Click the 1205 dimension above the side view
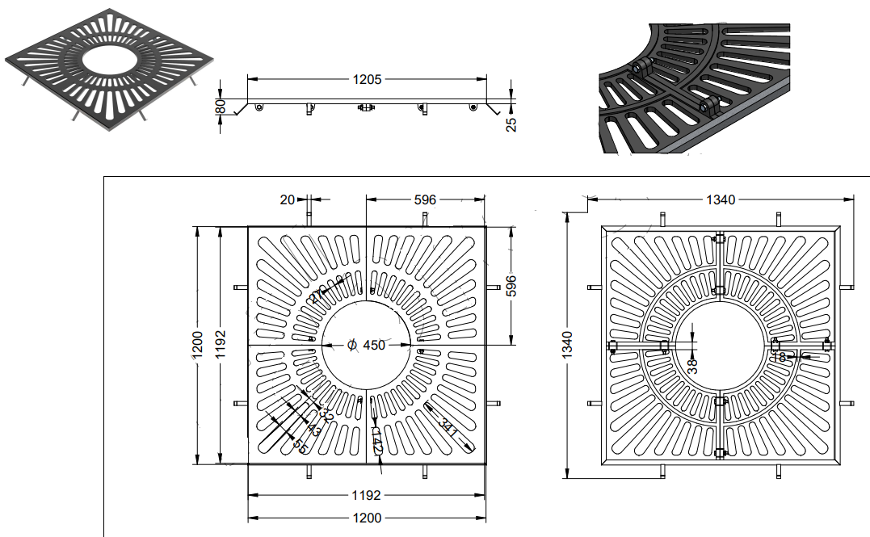point(368,79)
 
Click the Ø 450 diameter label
point(367,345)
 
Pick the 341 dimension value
point(448,426)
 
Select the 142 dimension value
point(376,440)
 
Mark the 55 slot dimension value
point(300,444)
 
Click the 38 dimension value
point(691,365)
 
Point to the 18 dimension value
point(779,356)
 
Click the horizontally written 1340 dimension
point(721,199)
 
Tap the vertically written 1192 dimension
point(222,345)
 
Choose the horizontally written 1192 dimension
point(367,495)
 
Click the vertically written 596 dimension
point(511,285)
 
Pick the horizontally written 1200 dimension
point(367,518)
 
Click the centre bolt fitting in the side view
point(365,107)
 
